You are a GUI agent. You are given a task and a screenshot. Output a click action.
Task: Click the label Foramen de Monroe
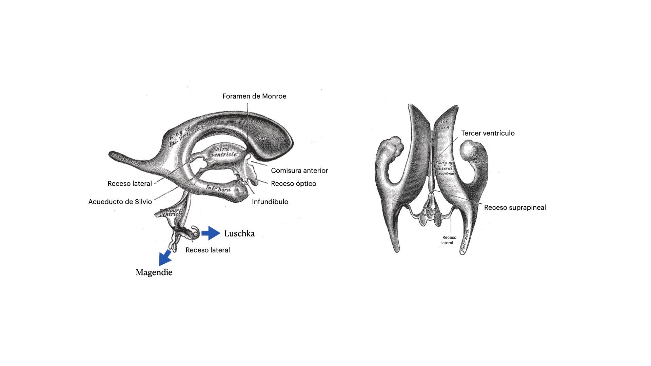click(x=254, y=96)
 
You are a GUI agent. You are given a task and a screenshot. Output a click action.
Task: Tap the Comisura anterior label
click(x=299, y=170)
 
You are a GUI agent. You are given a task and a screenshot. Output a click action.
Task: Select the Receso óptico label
click(x=294, y=184)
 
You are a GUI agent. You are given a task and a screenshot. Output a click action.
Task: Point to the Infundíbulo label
click(x=270, y=202)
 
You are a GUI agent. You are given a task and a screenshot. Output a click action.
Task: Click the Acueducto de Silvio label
click(x=120, y=202)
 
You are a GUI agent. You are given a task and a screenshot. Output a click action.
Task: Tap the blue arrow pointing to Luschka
click(x=211, y=233)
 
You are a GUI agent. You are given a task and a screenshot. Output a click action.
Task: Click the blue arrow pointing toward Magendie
click(x=165, y=257)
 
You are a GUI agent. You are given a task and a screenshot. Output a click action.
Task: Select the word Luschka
click(x=239, y=233)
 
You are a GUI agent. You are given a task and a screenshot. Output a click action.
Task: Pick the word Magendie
click(x=154, y=272)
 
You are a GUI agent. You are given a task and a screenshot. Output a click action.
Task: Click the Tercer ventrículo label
click(x=488, y=133)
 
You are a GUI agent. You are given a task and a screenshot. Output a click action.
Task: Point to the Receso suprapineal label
click(x=515, y=207)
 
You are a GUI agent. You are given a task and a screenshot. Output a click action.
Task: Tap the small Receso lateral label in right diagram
click(x=449, y=240)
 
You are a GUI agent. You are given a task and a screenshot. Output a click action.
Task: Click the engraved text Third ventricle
click(x=223, y=151)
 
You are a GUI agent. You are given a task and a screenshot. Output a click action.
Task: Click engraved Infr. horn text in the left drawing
click(x=218, y=188)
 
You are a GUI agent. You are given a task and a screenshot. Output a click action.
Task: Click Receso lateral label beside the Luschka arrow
click(x=208, y=250)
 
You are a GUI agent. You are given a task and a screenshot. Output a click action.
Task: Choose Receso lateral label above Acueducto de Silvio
click(x=130, y=184)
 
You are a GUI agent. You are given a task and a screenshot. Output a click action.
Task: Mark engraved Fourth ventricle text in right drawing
click(x=431, y=212)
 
